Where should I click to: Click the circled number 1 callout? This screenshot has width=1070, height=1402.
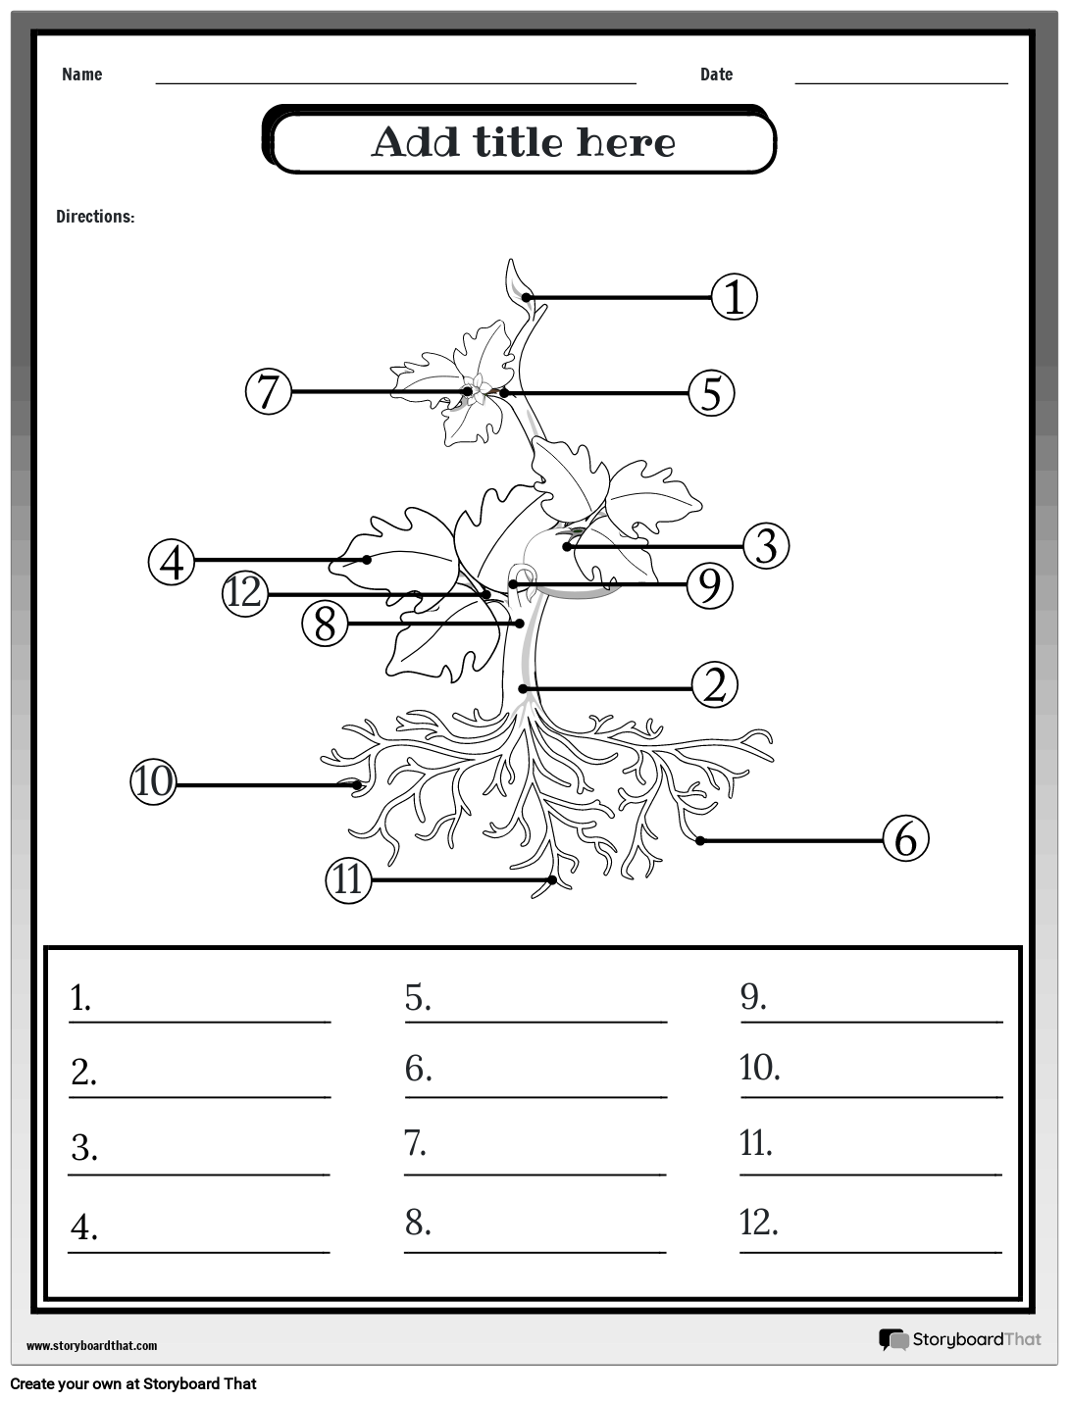[734, 297]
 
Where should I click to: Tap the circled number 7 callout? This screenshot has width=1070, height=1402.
[269, 391]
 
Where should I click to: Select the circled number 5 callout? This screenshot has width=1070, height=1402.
[711, 393]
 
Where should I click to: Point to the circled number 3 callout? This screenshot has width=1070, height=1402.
[766, 546]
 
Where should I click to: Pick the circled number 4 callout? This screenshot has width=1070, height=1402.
[173, 562]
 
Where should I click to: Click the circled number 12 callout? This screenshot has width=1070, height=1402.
[245, 593]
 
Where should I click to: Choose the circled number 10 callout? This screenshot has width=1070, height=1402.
[154, 782]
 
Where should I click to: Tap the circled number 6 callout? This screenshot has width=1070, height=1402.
[905, 839]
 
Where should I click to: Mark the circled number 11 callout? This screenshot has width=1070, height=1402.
[348, 879]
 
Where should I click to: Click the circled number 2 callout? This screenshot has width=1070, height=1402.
[714, 685]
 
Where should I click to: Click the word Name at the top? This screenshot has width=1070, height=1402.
[81, 75]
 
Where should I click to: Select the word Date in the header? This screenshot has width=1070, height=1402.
[716, 75]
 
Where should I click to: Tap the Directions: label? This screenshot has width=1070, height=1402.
[95, 217]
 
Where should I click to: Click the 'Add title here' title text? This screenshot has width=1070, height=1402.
[523, 143]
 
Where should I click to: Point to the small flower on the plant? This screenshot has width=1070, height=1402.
[478, 386]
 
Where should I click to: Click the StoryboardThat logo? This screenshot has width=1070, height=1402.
[959, 1339]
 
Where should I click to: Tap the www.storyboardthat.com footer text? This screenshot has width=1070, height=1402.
[91, 1346]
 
